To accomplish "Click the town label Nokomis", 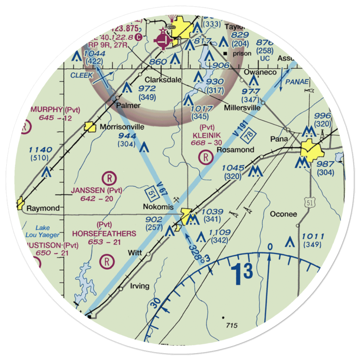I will point(158,207).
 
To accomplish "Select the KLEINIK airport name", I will point(206,135).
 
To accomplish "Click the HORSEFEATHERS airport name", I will point(104,234).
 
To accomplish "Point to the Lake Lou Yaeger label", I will point(42,231).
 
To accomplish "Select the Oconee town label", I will point(283,214).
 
